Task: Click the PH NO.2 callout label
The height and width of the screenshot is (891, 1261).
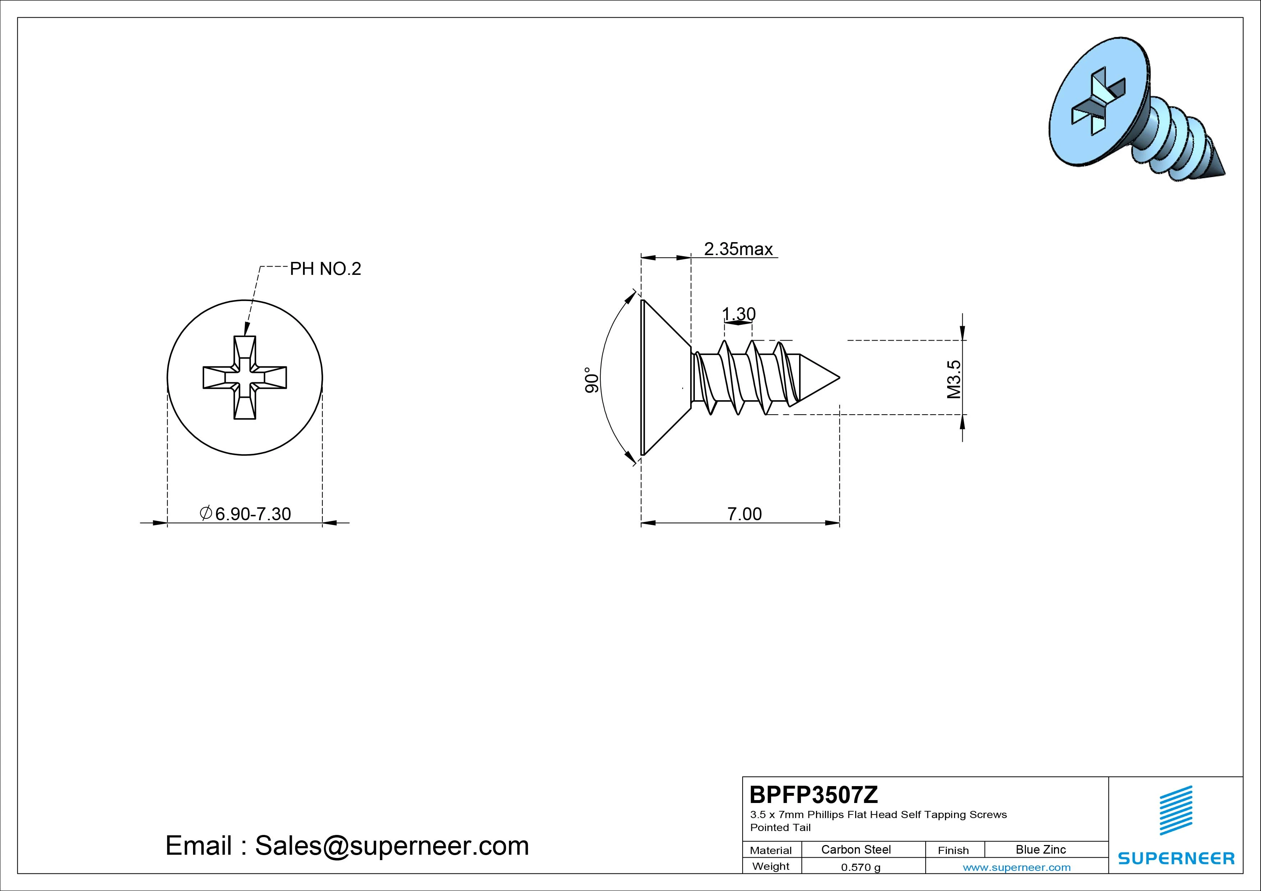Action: pos(325,269)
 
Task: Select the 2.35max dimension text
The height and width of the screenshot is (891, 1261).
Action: pos(738,249)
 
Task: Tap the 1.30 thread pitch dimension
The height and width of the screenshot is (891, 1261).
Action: pos(739,314)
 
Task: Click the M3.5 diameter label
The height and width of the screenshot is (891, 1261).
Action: pos(953,379)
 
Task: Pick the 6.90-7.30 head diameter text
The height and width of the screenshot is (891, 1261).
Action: pos(245,514)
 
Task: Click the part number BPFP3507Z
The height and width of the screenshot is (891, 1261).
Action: pos(814,794)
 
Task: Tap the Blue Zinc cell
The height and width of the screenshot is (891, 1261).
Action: pos(1041,850)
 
